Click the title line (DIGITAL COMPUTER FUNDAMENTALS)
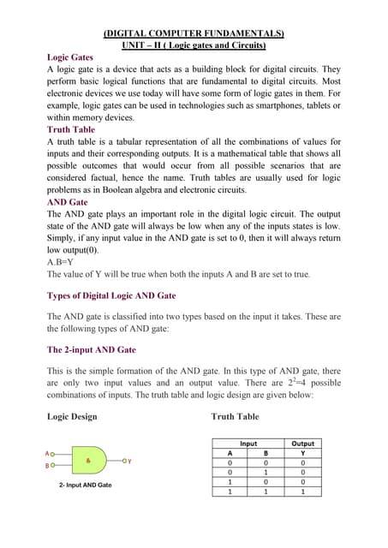tap(194, 33)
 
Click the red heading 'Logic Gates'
tap(70, 57)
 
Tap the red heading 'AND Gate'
tap(68, 202)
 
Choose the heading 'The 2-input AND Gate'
tap(92, 349)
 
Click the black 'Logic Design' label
tap(72, 417)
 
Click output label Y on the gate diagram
tap(128, 461)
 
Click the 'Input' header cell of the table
tap(248, 444)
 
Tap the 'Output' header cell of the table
tap(302, 444)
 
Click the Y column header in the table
tap(302, 453)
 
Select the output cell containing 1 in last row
tap(302, 491)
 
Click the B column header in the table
tap(266, 453)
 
